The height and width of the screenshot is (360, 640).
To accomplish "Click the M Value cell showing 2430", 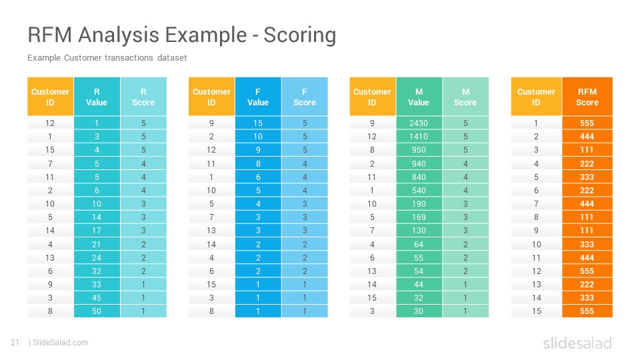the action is point(419,123).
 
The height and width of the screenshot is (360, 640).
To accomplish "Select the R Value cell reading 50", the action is point(97,311).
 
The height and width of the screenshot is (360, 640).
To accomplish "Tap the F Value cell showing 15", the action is point(258,123).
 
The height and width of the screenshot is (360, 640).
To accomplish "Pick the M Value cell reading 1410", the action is point(419,136).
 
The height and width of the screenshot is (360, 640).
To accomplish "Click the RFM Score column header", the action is point(587,97).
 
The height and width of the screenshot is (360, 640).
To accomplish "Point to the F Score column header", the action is point(305,97).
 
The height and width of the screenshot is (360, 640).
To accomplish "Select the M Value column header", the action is point(419,97).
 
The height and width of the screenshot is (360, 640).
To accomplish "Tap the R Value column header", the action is point(97,97).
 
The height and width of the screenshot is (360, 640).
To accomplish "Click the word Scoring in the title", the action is point(299,35).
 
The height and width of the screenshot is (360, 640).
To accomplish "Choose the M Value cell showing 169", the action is point(419,217).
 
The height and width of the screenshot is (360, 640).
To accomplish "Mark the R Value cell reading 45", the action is point(97,298).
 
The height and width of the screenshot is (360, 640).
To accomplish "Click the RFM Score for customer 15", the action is point(587,311).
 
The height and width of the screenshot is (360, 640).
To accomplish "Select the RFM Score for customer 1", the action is point(587,123).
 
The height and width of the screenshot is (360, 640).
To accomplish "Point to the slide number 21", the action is point(15,343).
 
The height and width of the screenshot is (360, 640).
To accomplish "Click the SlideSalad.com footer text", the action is point(61,343).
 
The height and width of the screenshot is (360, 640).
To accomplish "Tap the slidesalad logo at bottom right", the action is point(577,343).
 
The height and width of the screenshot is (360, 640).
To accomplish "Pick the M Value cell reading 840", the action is point(419,177).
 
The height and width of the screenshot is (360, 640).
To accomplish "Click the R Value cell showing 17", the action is point(97,231).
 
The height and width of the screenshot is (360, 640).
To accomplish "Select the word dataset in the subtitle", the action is point(172,58).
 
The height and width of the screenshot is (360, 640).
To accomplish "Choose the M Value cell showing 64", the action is point(419,245).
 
